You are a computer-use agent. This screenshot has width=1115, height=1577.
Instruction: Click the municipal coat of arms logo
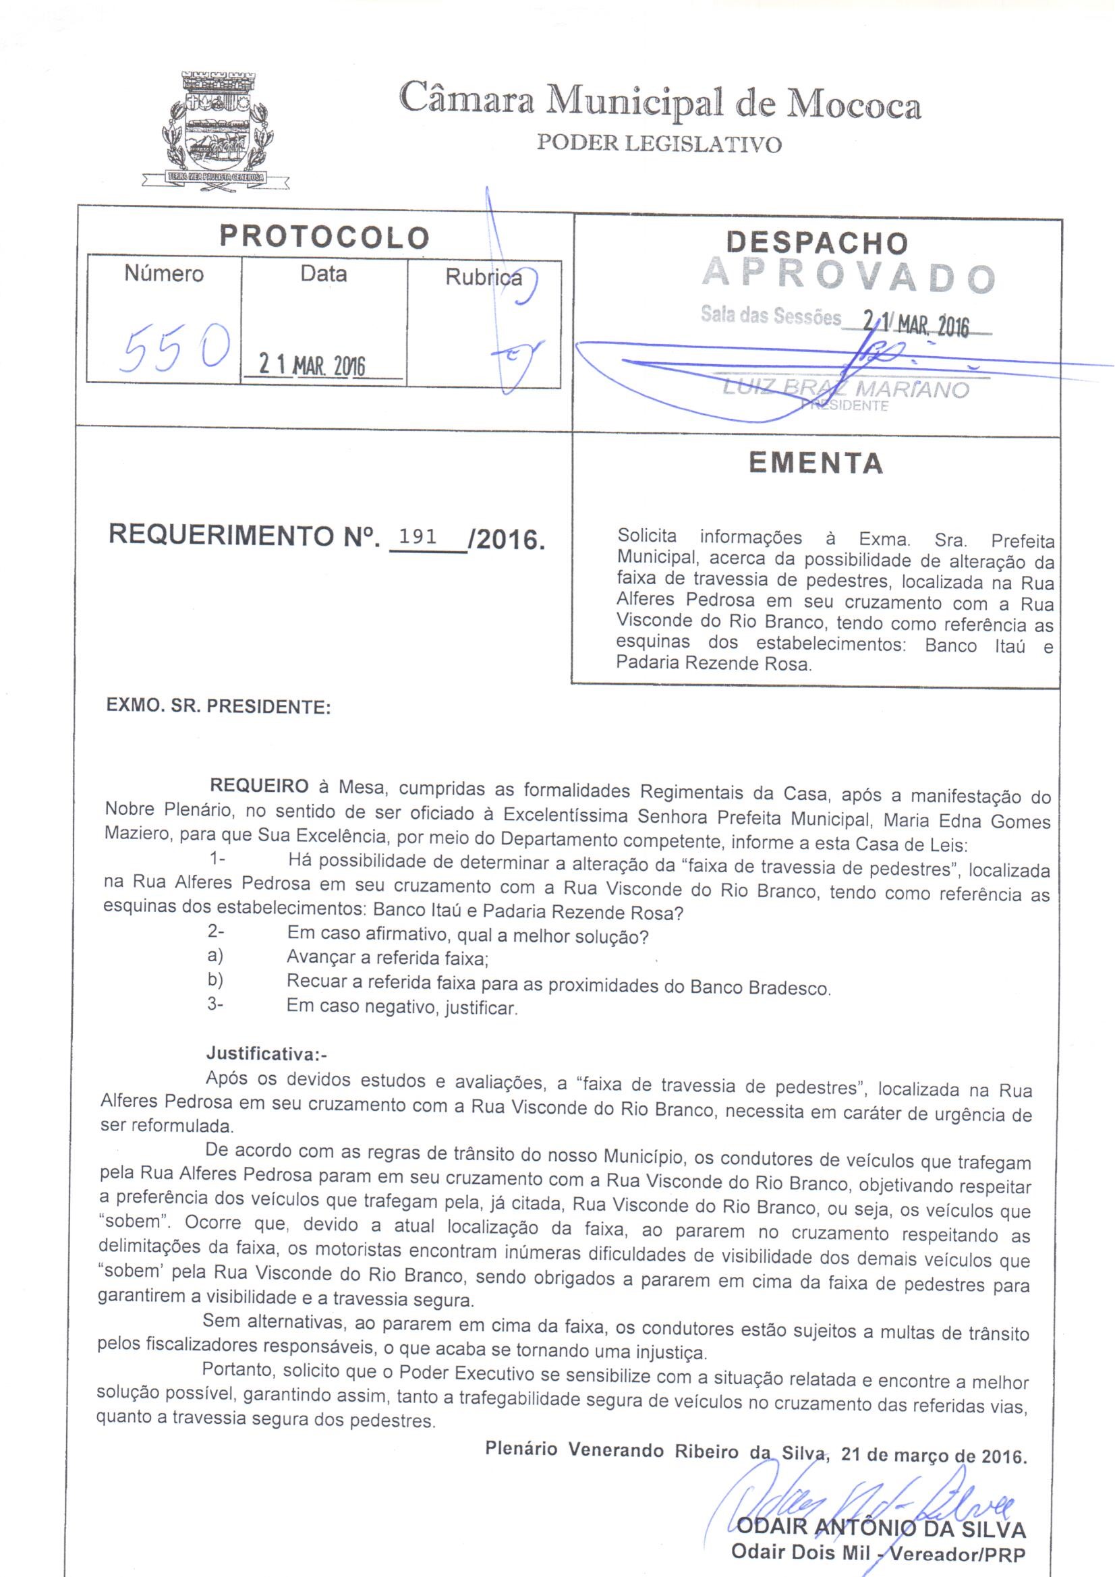(x=215, y=129)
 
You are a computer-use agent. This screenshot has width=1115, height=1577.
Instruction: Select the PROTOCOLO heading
(x=324, y=237)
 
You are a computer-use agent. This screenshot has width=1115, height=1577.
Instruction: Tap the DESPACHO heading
(x=816, y=242)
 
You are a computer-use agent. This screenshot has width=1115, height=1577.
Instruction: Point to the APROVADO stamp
(x=849, y=276)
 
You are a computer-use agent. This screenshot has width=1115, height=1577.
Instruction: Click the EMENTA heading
(x=816, y=463)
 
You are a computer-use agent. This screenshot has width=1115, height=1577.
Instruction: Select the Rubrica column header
(x=483, y=277)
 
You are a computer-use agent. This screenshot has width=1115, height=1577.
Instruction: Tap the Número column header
(x=164, y=274)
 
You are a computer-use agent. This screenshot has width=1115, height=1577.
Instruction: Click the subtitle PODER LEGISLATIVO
(x=658, y=144)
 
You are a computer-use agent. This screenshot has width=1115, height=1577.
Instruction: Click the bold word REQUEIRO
(x=259, y=786)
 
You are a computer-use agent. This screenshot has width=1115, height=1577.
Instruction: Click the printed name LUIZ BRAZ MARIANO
(x=845, y=389)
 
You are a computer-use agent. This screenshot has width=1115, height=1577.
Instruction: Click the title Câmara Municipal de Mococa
(x=660, y=105)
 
